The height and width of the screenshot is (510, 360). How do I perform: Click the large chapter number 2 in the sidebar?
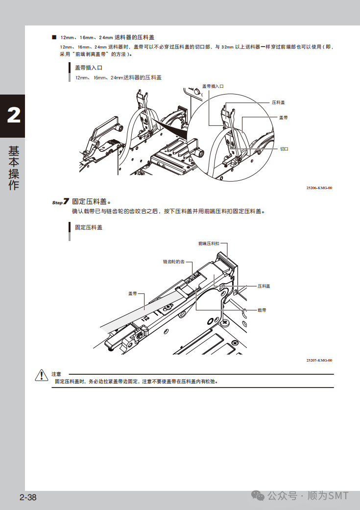13,116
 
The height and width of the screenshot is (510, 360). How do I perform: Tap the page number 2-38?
28,497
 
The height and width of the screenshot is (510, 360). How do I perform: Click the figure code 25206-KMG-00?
319,188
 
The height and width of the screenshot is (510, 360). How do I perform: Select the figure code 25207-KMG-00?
319,360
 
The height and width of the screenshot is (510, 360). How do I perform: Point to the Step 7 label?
60,202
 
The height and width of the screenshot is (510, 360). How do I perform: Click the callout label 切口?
284,148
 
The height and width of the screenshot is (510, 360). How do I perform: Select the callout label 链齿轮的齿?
174,262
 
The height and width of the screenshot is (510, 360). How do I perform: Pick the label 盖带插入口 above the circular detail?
213,86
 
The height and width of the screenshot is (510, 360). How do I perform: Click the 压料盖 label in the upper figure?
278,102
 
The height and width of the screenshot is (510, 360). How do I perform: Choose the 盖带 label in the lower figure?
133,293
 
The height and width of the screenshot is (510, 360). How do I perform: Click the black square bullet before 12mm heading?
54,37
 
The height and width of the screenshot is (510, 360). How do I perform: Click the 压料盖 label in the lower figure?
264,286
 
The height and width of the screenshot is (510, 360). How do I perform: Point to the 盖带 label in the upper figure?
283,118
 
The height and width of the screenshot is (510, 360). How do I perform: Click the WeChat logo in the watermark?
258,496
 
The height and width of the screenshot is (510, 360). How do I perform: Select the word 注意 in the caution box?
56,374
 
